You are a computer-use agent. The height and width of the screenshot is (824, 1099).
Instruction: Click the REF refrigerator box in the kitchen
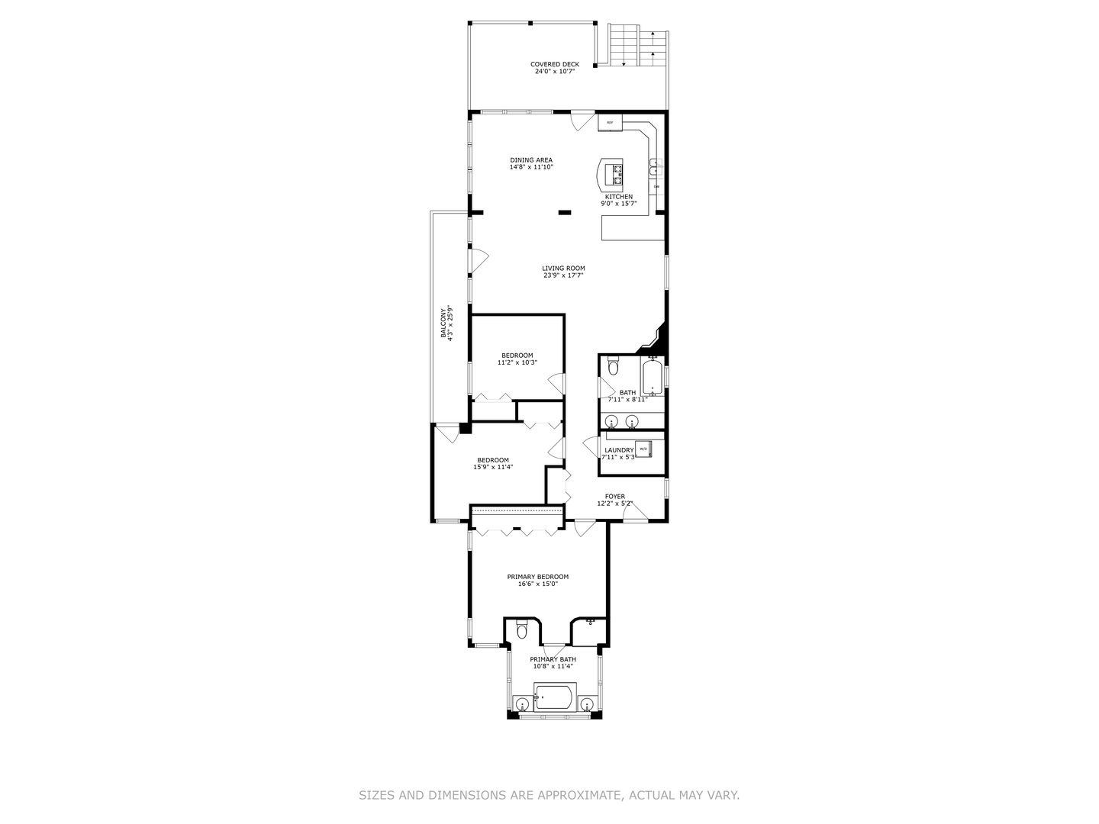click(x=610, y=122)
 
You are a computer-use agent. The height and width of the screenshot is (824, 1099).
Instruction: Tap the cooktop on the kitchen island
click(x=614, y=175)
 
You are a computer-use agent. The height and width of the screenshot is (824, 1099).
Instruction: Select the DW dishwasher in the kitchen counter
click(x=656, y=186)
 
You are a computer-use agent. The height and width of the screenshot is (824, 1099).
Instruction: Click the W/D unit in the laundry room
click(x=643, y=449)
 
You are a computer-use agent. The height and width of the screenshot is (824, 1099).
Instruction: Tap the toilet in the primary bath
click(x=522, y=630)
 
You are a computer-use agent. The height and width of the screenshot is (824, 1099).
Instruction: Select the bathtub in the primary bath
click(x=553, y=697)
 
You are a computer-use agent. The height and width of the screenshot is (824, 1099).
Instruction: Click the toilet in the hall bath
click(x=613, y=369)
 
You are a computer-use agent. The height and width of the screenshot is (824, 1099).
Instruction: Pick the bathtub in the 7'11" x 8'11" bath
click(x=653, y=376)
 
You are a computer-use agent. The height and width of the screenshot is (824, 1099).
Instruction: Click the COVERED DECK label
click(x=555, y=64)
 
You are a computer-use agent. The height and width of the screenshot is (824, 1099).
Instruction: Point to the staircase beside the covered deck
click(x=637, y=46)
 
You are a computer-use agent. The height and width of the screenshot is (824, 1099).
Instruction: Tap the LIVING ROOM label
click(x=563, y=268)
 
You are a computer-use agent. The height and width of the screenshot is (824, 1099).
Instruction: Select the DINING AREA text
click(x=531, y=160)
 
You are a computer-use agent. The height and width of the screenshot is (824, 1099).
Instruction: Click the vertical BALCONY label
click(x=443, y=323)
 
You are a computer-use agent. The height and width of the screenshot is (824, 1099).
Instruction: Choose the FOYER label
click(x=615, y=496)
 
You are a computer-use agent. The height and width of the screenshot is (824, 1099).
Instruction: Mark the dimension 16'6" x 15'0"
click(x=538, y=584)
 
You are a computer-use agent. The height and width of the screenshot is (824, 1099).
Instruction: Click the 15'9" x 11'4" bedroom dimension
click(x=492, y=467)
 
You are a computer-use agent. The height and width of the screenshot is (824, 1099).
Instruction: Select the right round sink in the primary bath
click(x=587, y=703)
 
